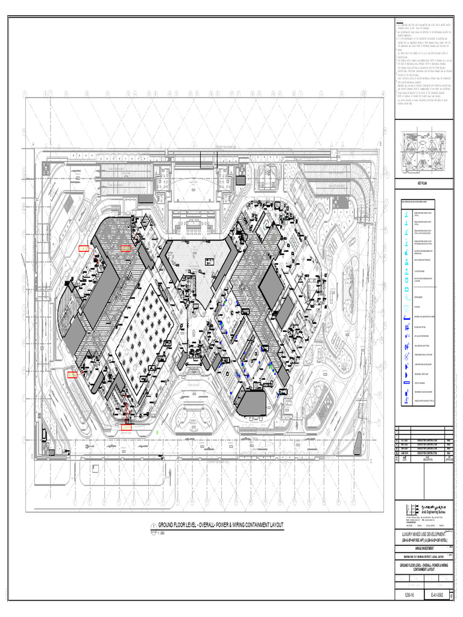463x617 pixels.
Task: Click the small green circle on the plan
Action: coord(156,432)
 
